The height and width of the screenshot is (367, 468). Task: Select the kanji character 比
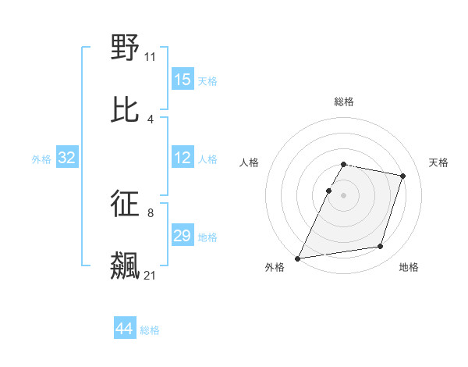[126, 109]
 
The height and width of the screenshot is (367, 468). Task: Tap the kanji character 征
[126, 203]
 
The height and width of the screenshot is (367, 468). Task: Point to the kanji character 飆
[126, 265]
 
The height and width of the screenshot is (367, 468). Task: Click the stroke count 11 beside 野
[151, 56]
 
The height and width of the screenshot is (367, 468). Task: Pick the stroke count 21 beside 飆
[151, 275]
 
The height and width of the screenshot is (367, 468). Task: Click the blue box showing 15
[183, 80]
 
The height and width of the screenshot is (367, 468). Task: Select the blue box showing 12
[183, 159]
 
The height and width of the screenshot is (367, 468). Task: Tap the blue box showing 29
[183, 236]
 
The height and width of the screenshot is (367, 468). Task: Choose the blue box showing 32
[67, 159]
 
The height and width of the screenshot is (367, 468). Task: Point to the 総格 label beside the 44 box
[150, 330]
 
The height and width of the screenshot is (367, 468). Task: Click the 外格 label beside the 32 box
[41, 159]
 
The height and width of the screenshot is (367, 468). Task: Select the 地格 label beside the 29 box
[207, 237]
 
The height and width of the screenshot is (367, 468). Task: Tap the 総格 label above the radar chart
[344, 102]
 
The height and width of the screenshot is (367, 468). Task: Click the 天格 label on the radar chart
[439, 162]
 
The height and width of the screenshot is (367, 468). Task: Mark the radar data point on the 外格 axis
[298, 258]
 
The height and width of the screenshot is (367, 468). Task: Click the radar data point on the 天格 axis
[403, 176]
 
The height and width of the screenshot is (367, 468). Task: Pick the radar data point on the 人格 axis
[328, 191]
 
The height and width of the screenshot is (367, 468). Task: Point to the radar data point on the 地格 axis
[381, 247]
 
